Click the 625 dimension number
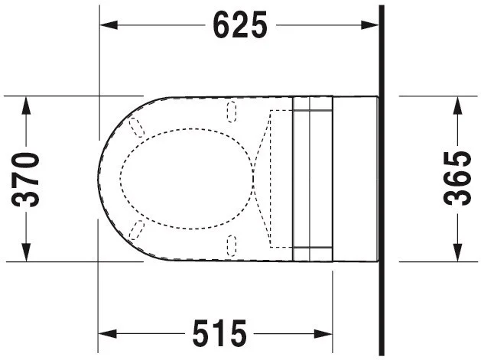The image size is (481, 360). [240, 25]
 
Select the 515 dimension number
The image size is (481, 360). [219, 333]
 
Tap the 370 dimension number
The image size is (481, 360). [26, 180]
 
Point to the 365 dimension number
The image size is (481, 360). [457, 178]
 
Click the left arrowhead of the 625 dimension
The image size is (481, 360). [109, 25]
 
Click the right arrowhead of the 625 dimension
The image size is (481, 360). [370, 25]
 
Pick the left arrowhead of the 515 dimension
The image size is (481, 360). [107, 333]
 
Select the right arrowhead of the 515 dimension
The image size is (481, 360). [323, 333]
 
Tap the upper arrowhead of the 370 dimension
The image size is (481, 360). [26, 105]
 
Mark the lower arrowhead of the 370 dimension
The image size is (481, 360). [26, 252]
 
